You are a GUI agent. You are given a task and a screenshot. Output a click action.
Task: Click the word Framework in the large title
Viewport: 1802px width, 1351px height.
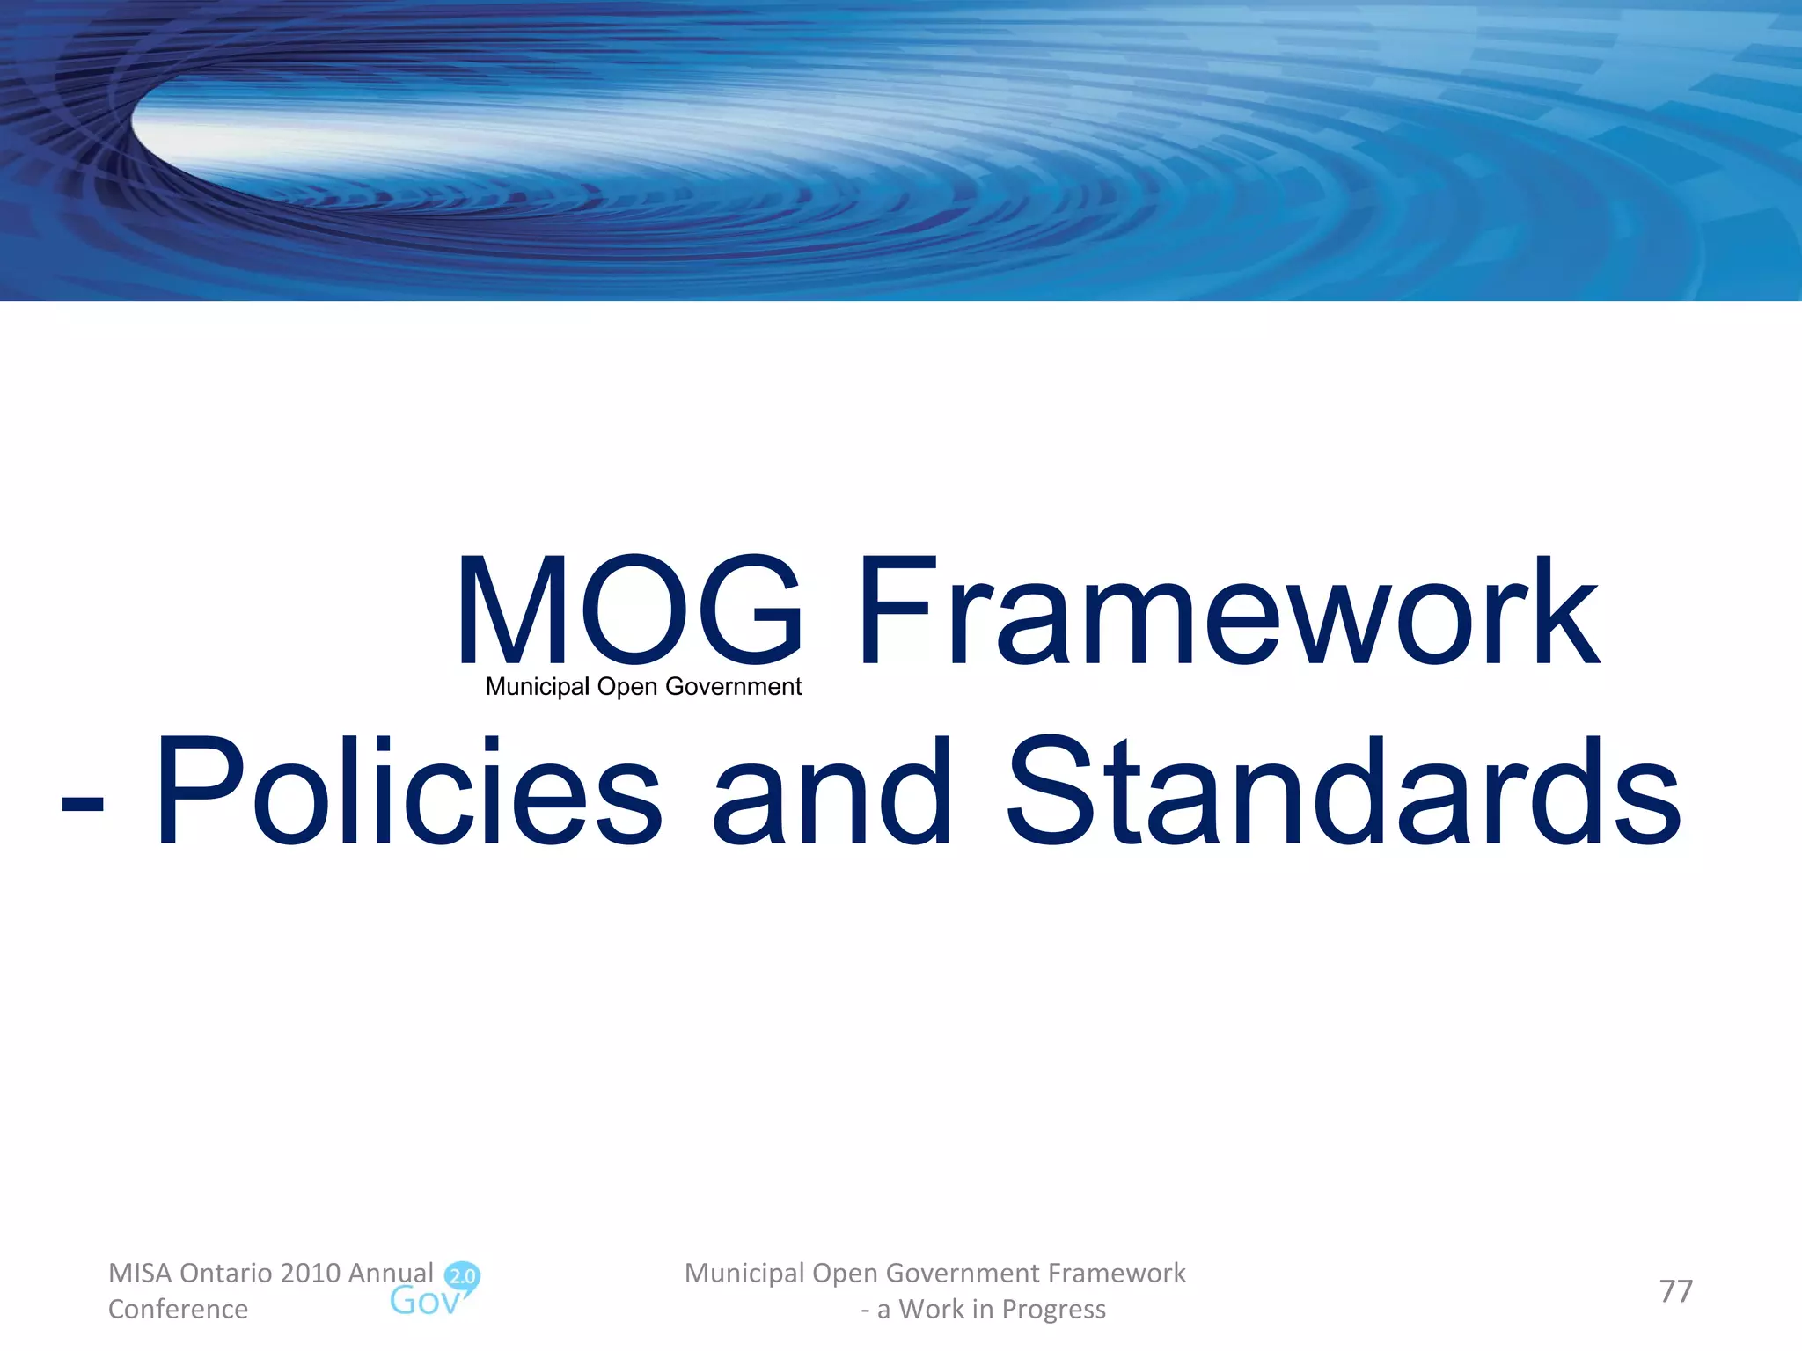tap(1227, 610)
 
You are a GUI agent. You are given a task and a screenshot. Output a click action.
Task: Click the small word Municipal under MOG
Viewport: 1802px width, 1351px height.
tap(537, 687)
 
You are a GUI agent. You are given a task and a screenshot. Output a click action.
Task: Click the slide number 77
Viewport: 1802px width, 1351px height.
tap(1675, 1291)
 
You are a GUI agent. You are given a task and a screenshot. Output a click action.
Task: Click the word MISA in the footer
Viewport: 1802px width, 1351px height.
tap(139, 1273)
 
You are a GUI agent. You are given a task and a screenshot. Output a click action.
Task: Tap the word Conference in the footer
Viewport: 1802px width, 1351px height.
tap(178, 1309)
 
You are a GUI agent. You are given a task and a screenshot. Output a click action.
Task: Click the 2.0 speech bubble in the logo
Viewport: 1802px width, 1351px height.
tap(463, 1276)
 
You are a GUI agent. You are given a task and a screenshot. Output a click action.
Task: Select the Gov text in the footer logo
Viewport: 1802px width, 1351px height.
tap(424, 1301)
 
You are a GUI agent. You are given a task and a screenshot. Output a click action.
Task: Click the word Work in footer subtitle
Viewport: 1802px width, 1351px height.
tap(931, 1309)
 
